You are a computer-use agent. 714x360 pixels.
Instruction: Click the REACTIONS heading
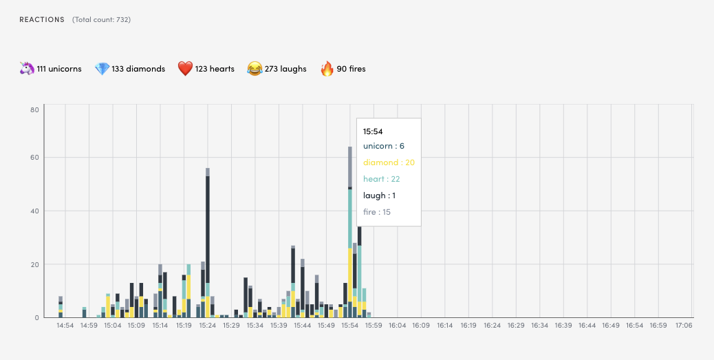pos(42,20)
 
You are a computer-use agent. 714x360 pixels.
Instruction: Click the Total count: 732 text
pos(101,20)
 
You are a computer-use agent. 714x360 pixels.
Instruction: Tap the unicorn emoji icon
pos(26,69)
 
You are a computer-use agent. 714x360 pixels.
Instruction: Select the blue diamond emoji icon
pos(102,69)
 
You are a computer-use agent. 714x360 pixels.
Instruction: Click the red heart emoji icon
pos(185,69)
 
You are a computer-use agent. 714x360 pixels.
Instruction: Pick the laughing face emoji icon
pos(255,69)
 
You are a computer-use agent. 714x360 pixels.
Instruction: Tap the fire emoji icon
pos(327,69)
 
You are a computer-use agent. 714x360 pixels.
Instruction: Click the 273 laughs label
pos(285,69)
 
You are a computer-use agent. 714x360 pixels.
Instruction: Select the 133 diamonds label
pos(138,69)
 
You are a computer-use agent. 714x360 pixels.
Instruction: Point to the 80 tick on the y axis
pos(34,109)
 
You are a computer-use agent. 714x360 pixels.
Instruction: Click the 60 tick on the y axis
pos(34,158)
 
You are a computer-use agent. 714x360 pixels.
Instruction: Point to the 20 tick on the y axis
pos(34,264)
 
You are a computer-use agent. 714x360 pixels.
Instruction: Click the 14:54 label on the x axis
pos(65,326)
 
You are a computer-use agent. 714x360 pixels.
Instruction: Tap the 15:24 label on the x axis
pos(208,326)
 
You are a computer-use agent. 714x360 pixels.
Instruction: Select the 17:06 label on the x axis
pos(684,326)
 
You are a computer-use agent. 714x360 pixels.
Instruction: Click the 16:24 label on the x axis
pos(492,326)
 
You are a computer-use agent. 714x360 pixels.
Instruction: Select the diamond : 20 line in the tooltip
pos(389,162)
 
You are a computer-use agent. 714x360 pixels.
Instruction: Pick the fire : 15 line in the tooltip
pos(377,212)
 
